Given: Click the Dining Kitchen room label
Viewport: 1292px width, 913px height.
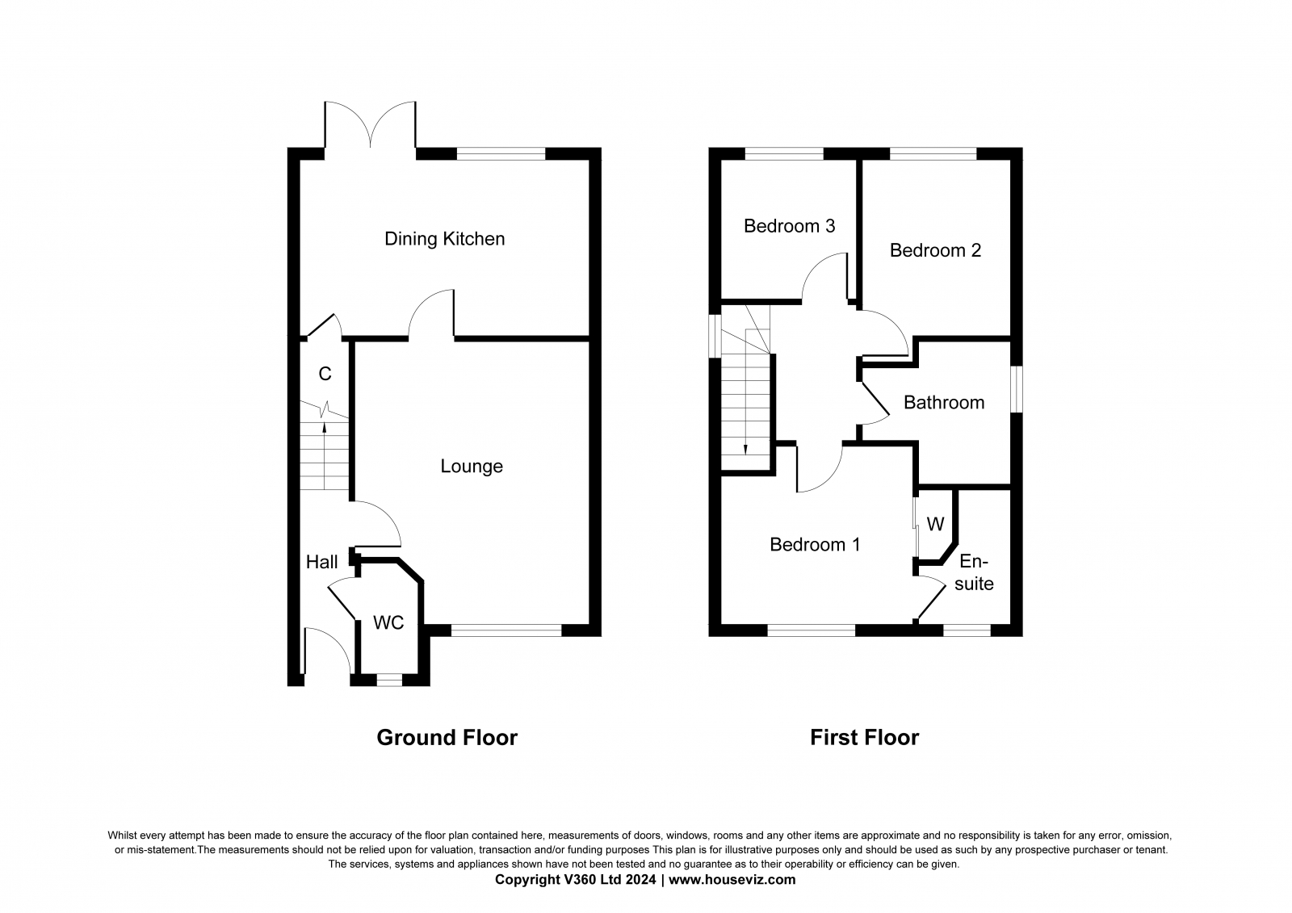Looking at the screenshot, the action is coord(445,239).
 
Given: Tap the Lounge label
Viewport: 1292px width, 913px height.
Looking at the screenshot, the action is coord(472,466).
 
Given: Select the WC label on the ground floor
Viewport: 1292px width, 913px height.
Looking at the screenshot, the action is coord(388,622).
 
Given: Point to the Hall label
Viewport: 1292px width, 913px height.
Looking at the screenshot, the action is coord(322,562).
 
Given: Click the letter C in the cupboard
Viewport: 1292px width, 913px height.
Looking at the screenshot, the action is coord(325,375).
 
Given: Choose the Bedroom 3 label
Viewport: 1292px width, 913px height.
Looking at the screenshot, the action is coord(789,225).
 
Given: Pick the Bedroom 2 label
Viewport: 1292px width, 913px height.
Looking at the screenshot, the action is coord(935,250).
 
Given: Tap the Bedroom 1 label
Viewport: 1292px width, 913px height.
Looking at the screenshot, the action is coord(815,544).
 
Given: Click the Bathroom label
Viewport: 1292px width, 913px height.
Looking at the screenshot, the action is coord(944,403).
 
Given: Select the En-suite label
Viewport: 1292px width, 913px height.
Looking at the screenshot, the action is coord(974,572).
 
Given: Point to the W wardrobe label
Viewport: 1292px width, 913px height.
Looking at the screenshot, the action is coord(935,524).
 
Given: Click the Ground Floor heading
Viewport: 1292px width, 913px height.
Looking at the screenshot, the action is coord(447,738).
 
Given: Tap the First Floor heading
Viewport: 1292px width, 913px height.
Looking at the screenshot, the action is coord(865,738).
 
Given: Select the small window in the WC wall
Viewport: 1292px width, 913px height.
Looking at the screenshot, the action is coord(389,681).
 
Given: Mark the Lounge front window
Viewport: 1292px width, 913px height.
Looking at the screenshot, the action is coord(506,630).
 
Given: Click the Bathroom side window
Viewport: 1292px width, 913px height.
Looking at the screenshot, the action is coord(1017,389).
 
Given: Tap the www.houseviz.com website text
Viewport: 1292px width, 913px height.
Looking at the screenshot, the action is coord(732,880).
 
